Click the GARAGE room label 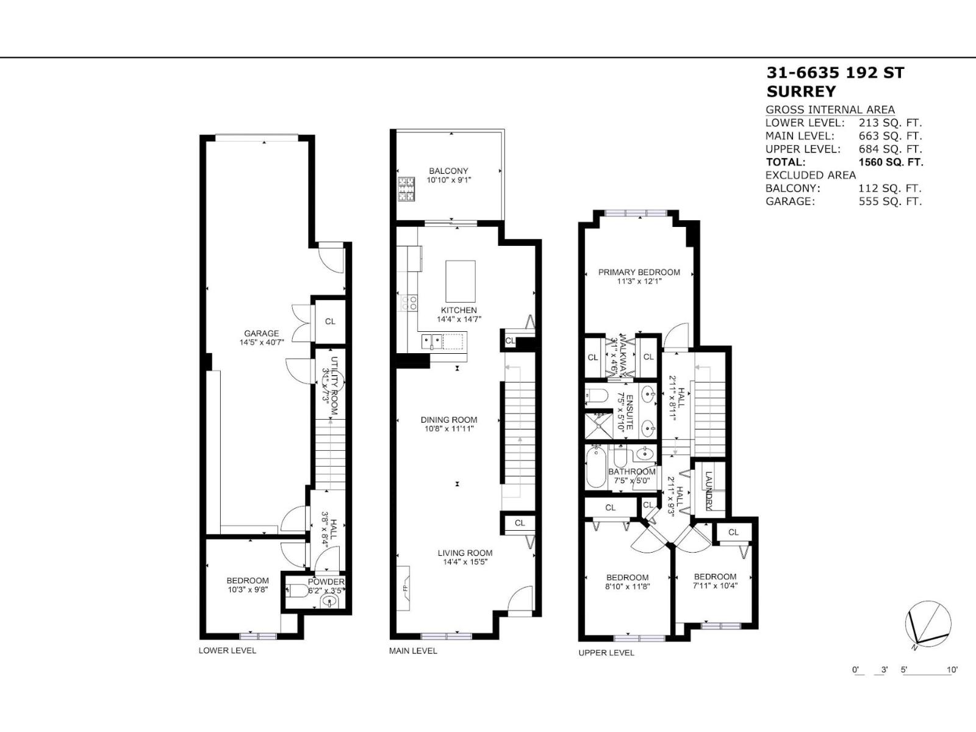pyautogui.click(x=262, y=334)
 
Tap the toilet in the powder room pyautogui.click(x=298, y=590)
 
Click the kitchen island pyautogui.click(x=461, y=278)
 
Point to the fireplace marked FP pyautogui.click(x=404, y=588)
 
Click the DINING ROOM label pyautogui.click(x=449, y=420)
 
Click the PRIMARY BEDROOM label pyautogui.click(x=639, y=272)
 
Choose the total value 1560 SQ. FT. pyautogui.click(x=891, y=162)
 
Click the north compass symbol pyautogui.click(x=928, y=625)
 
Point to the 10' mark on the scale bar pyautogui.click(x=952, y=670)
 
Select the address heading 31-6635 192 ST pyautogui.click(x=835, y=73)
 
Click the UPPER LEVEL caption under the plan pyautogui.click(x=606, y=653)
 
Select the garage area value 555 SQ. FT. pyautogui.click(x=890, y=202)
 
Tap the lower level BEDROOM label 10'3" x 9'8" pyautogui.click(x=248, y=581)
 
